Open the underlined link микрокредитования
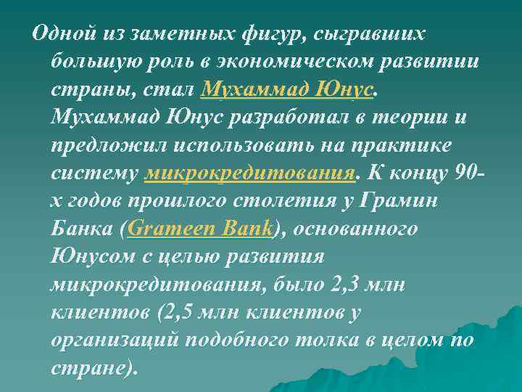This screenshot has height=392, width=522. [250, 173]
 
